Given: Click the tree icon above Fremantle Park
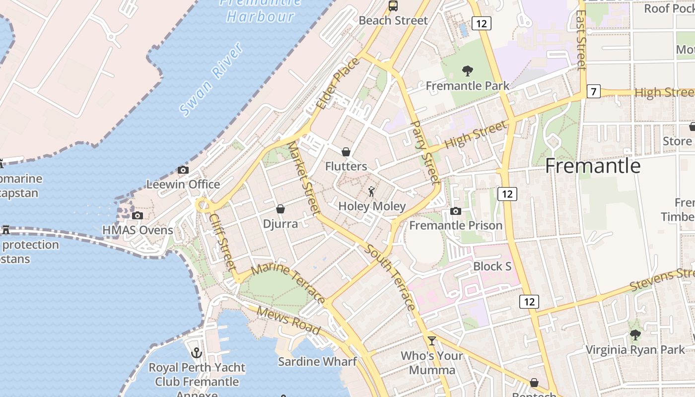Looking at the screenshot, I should pos(467,71).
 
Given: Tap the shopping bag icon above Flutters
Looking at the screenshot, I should pos(346,152).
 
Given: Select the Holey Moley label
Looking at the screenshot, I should pos(372,206).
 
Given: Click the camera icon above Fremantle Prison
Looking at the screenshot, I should pos(455,211).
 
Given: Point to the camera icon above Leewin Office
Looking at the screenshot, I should pos(183,170).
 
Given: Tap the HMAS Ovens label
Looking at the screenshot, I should pos(138,230).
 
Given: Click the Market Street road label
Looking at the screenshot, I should pos(304,179).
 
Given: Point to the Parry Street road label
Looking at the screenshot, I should pos(425,152).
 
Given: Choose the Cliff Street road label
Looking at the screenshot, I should pos(222,242).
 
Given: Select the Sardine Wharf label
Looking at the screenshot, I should pos(317,361).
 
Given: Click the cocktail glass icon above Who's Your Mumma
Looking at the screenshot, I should pos(432,341).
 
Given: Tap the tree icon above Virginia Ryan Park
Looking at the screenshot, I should pos(635,335).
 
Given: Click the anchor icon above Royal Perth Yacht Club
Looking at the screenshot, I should pos(197,353).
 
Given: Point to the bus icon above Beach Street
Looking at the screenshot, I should pos(393,6).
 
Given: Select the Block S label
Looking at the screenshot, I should pos(492,266).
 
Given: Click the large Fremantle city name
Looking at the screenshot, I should pos(593,166).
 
